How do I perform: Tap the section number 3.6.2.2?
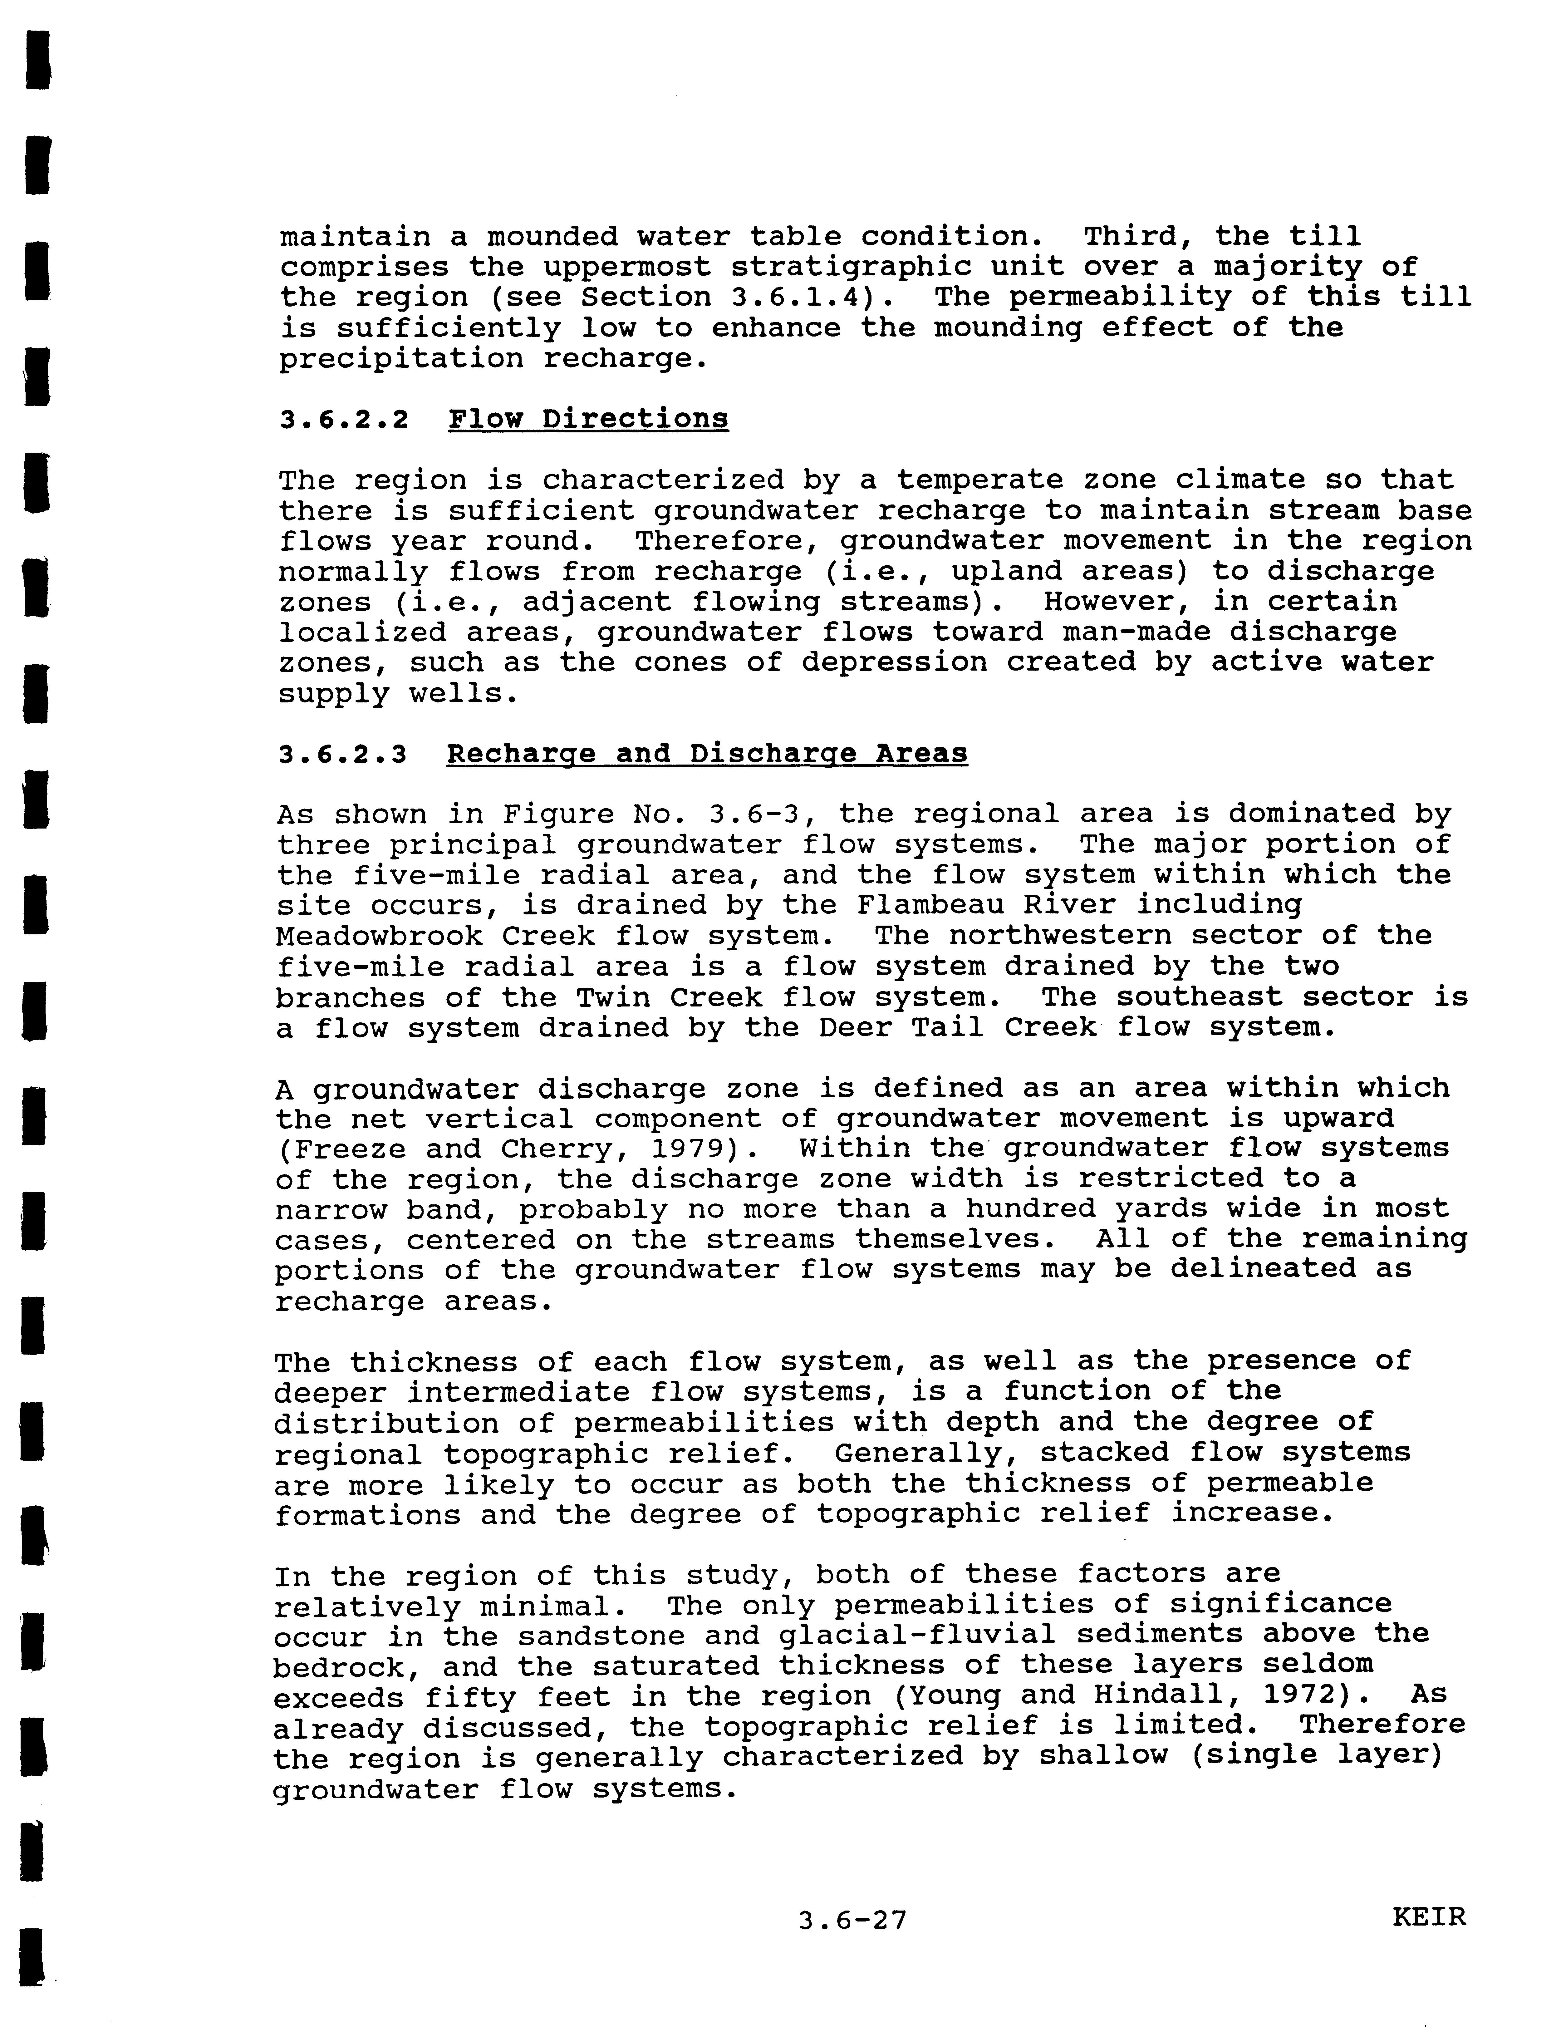coord(344,419)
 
